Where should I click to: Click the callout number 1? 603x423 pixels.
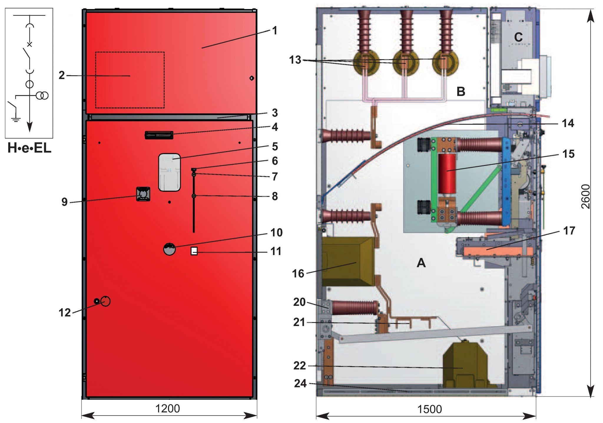274,30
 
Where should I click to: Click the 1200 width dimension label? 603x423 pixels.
167,409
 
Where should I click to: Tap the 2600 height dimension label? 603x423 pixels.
586,196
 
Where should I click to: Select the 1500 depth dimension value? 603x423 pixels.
429,409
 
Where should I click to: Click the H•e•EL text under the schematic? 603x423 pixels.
29,148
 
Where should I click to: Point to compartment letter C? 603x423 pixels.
518,37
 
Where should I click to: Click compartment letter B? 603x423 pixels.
461,91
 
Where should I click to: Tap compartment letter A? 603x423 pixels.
421,263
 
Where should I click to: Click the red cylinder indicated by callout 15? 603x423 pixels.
447,174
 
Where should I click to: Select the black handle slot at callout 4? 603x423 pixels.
159,135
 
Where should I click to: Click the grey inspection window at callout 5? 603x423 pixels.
169,172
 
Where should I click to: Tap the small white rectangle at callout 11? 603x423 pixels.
194,251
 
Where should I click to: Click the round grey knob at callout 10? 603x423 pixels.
170,249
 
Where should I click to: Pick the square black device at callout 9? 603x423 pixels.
143,194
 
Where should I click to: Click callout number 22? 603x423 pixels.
299,366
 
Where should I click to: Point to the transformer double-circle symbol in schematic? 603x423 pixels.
42,96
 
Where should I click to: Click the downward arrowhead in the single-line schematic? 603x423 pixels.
29,127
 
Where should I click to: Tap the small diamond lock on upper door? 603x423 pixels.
251,78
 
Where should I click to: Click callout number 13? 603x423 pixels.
295,60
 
